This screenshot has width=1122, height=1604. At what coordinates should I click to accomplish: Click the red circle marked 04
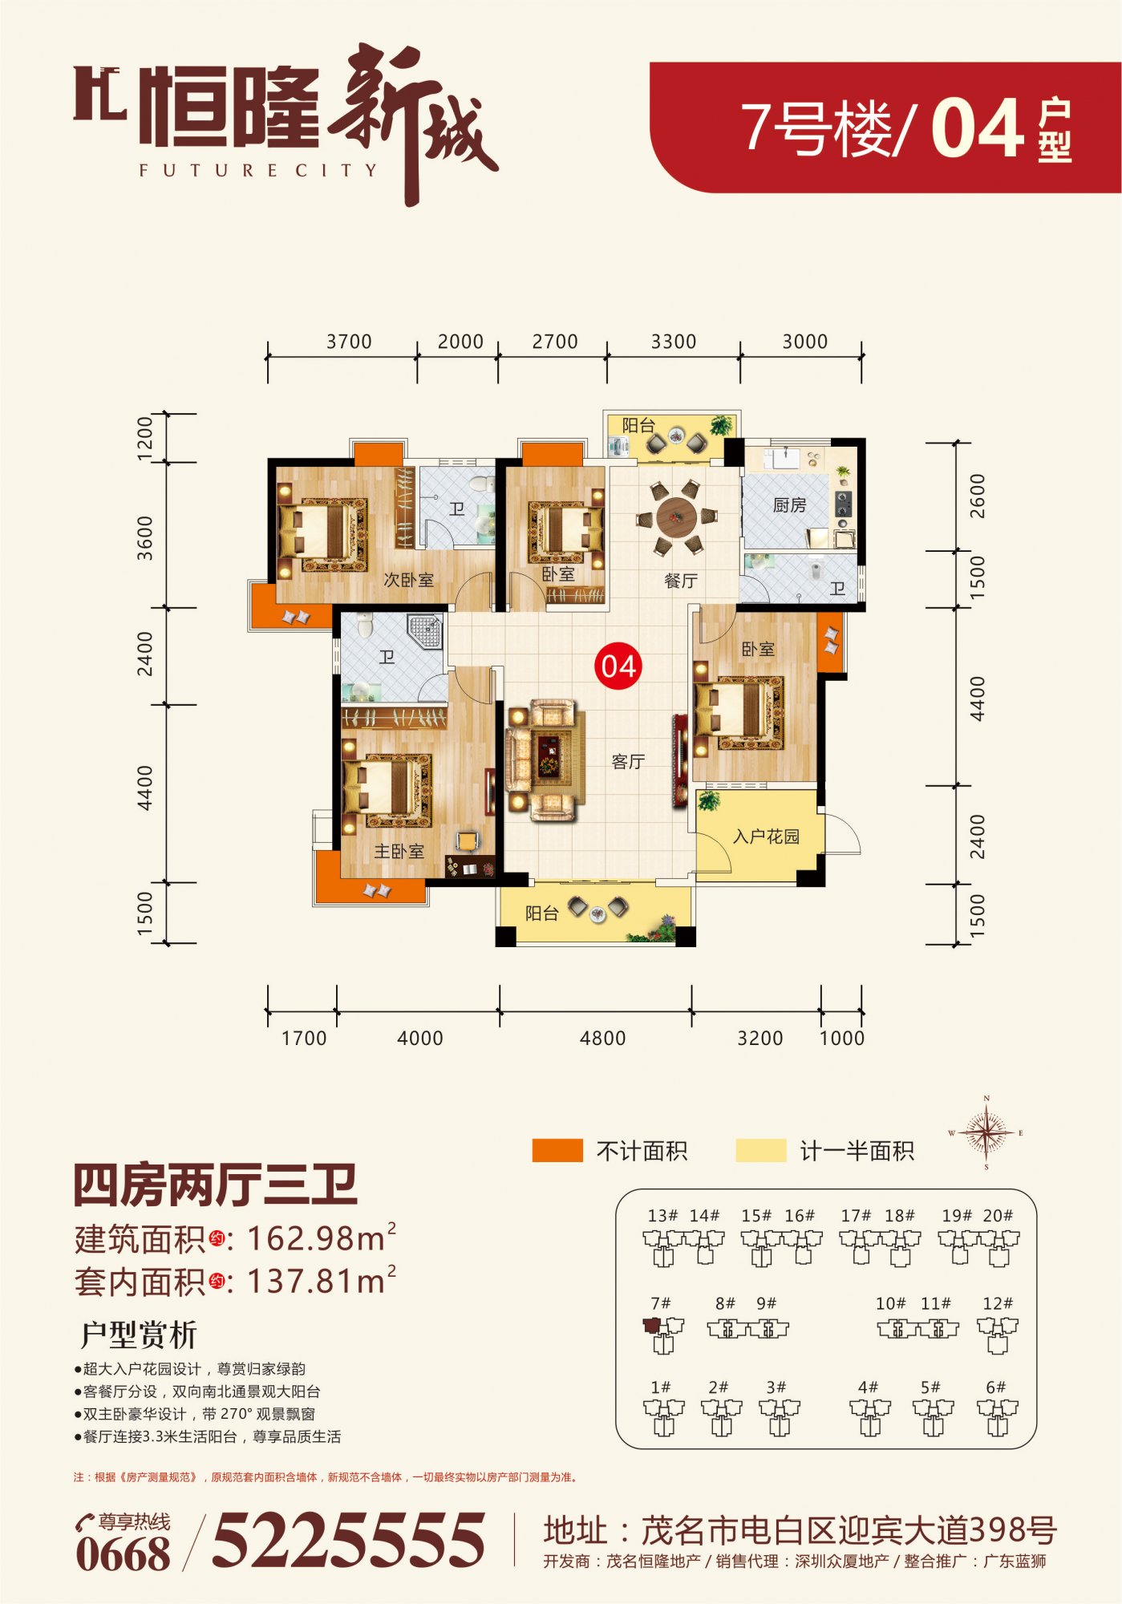click(618, 666)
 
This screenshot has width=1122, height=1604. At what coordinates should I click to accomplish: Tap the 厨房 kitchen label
click(789, 505)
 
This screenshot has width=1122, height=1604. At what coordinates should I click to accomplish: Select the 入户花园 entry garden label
click(766, 836)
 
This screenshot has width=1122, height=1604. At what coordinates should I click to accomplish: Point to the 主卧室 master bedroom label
click(399, 851)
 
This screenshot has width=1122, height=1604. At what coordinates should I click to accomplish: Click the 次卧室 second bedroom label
click(408, 579)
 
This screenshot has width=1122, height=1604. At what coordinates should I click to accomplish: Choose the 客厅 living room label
click(628, 761)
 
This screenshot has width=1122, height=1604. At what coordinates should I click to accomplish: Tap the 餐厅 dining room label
click(681, 581)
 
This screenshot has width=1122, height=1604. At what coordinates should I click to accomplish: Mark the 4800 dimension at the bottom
click(602, 1038)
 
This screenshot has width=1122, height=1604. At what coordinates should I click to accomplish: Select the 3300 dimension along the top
click(674, 342)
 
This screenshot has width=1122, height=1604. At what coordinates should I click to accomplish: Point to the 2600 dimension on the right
click(977, 496)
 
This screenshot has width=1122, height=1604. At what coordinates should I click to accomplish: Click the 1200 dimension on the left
click(144, 438)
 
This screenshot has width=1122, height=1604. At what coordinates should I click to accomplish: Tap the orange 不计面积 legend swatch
click(557, 1150)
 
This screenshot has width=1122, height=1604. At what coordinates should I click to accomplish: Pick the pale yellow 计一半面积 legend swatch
click(761, 1150)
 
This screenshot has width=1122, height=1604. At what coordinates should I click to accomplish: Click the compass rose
click(986, 1132)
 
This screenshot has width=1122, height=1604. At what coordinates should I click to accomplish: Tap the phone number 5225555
click(348, 1540)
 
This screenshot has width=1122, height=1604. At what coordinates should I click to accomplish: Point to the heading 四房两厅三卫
click(215, 1185)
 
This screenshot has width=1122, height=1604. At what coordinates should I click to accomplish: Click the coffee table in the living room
click(549, 755)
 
